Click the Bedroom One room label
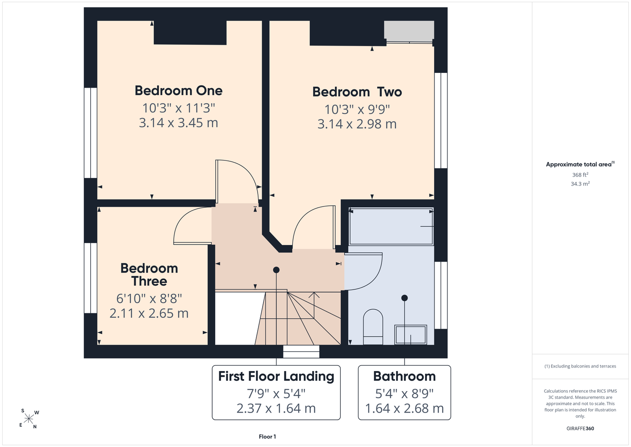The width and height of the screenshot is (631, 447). click(x=179, y=91)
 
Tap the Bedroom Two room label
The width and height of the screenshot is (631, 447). click(x=357, y=92)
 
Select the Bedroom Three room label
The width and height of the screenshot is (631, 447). click(x=149, y=274)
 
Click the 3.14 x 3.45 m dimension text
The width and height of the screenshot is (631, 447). click(x=178, y=122)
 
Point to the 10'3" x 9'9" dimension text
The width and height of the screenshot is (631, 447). click(x=357, y=110)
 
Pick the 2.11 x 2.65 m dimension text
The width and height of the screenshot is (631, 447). click(x=149, y=313)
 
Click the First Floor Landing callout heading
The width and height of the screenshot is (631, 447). click(x=276, y=376)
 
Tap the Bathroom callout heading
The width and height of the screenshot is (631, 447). click(x=405, y=376)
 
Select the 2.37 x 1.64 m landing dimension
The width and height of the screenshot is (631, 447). click(x=276, y=409)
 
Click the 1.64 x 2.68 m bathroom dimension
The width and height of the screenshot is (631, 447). click(x=405, y=409)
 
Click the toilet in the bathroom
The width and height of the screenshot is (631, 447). click(x=373, y=327)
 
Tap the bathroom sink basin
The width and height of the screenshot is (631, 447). click(x=411, y=334)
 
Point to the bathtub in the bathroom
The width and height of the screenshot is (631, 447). click(x=391, y=227)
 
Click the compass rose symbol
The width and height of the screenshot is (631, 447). click(x=29, y=419)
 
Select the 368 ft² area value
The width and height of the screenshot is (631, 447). click(x=580, y=175)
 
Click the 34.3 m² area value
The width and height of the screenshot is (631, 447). click(x=580, y=184)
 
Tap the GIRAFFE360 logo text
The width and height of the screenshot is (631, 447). click(x=580, y=428)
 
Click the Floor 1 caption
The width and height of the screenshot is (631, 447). click(x=267, y=437)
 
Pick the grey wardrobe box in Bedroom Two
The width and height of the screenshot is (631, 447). click(x=409, y=30)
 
